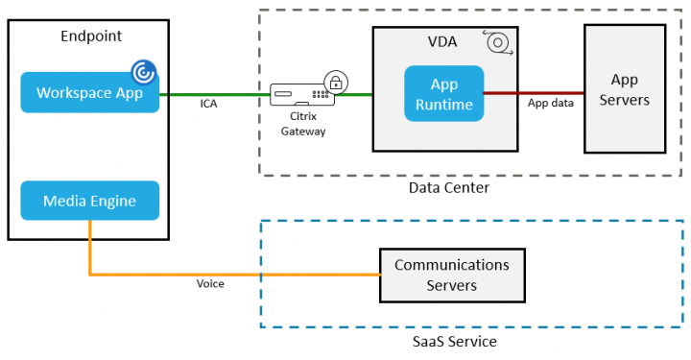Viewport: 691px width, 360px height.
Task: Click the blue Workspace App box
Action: pyautogui.click(x=89, y=93)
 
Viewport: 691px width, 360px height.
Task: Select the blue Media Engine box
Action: pyautogui.click(x=89, y=201)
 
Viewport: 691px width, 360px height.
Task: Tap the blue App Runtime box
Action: pyautogui.click(x=443, y=93)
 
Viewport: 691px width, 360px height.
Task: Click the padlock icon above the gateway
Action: pyautogui.click(x=335, y=82)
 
